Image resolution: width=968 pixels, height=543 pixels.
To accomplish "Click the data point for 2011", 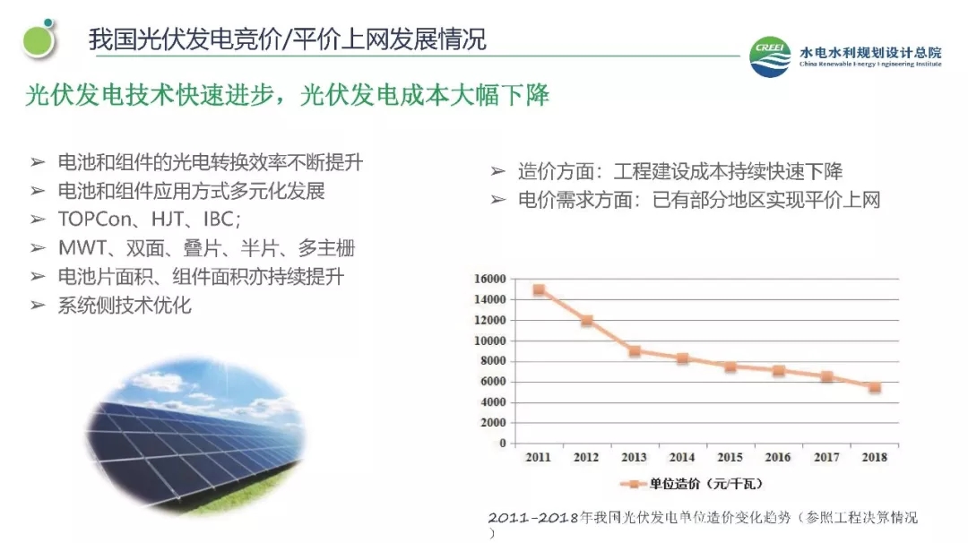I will pyautogui.click(x=539, y=289).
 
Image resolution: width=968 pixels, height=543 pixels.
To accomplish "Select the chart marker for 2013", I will pyautogui.click(x=635, y=350).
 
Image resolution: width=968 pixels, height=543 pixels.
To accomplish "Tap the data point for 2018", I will pyautogui.click(x=875, y=387).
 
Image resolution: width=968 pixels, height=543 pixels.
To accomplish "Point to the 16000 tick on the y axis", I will pyautogui.click(x=490, y=279).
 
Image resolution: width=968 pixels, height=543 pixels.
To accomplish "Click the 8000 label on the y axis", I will pyautogui.click(x=493, y=361).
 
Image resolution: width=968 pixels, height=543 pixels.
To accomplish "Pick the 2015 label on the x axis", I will pyautogui.click(x=730, y=457).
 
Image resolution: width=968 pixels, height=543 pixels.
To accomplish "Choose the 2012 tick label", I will pyautogui.click(x=586, y=457).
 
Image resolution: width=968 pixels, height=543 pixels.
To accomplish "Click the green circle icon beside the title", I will pyautogui.click(x=39, y=39).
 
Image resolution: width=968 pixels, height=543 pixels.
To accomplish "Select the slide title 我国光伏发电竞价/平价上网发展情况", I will pyautogui.click(x=287, y=39).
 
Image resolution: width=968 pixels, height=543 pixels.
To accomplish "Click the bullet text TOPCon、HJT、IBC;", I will pyautogui.click(x=150, y=220).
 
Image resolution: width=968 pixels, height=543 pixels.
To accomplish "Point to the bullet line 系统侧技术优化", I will pyautogui.click(x=125, y=305).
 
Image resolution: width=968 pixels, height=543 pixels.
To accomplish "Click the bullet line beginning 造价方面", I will pyautogui.click(x=679, y=171).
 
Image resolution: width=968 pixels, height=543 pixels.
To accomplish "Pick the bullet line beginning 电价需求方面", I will pyautogui.click(x=699, y=199).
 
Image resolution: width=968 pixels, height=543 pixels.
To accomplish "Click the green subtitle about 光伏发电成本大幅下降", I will pyautogui.click(x=287, y=95).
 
